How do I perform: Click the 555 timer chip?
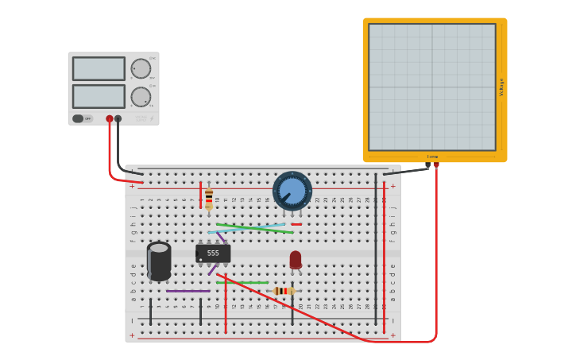[x=213, y=254]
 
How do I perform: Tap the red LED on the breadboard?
[x=296, y=260]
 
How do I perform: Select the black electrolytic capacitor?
[x=159, y=261]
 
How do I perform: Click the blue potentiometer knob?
[x=292, y=191]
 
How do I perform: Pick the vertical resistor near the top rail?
[x=209, y=199]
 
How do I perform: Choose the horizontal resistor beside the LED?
[x=282, y=291]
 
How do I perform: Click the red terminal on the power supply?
[x=110, y=118]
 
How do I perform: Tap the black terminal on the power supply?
[x=118, y=118]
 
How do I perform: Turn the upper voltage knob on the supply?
[x=141, y=68]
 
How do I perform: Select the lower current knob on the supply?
[x=141, y=97]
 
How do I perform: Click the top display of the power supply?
[x=99, y=68]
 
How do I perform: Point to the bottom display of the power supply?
[x=99, y=96]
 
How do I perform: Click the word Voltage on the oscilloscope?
[x=501, y=87]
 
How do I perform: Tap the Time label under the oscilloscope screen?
[x=432, y=157]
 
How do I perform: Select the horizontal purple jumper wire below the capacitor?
[x=188, y=291]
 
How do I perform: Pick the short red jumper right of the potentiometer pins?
[x=296, y=224]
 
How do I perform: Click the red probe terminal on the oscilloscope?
[x=435, y=165]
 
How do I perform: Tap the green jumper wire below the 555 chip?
[x=242, y=282]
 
